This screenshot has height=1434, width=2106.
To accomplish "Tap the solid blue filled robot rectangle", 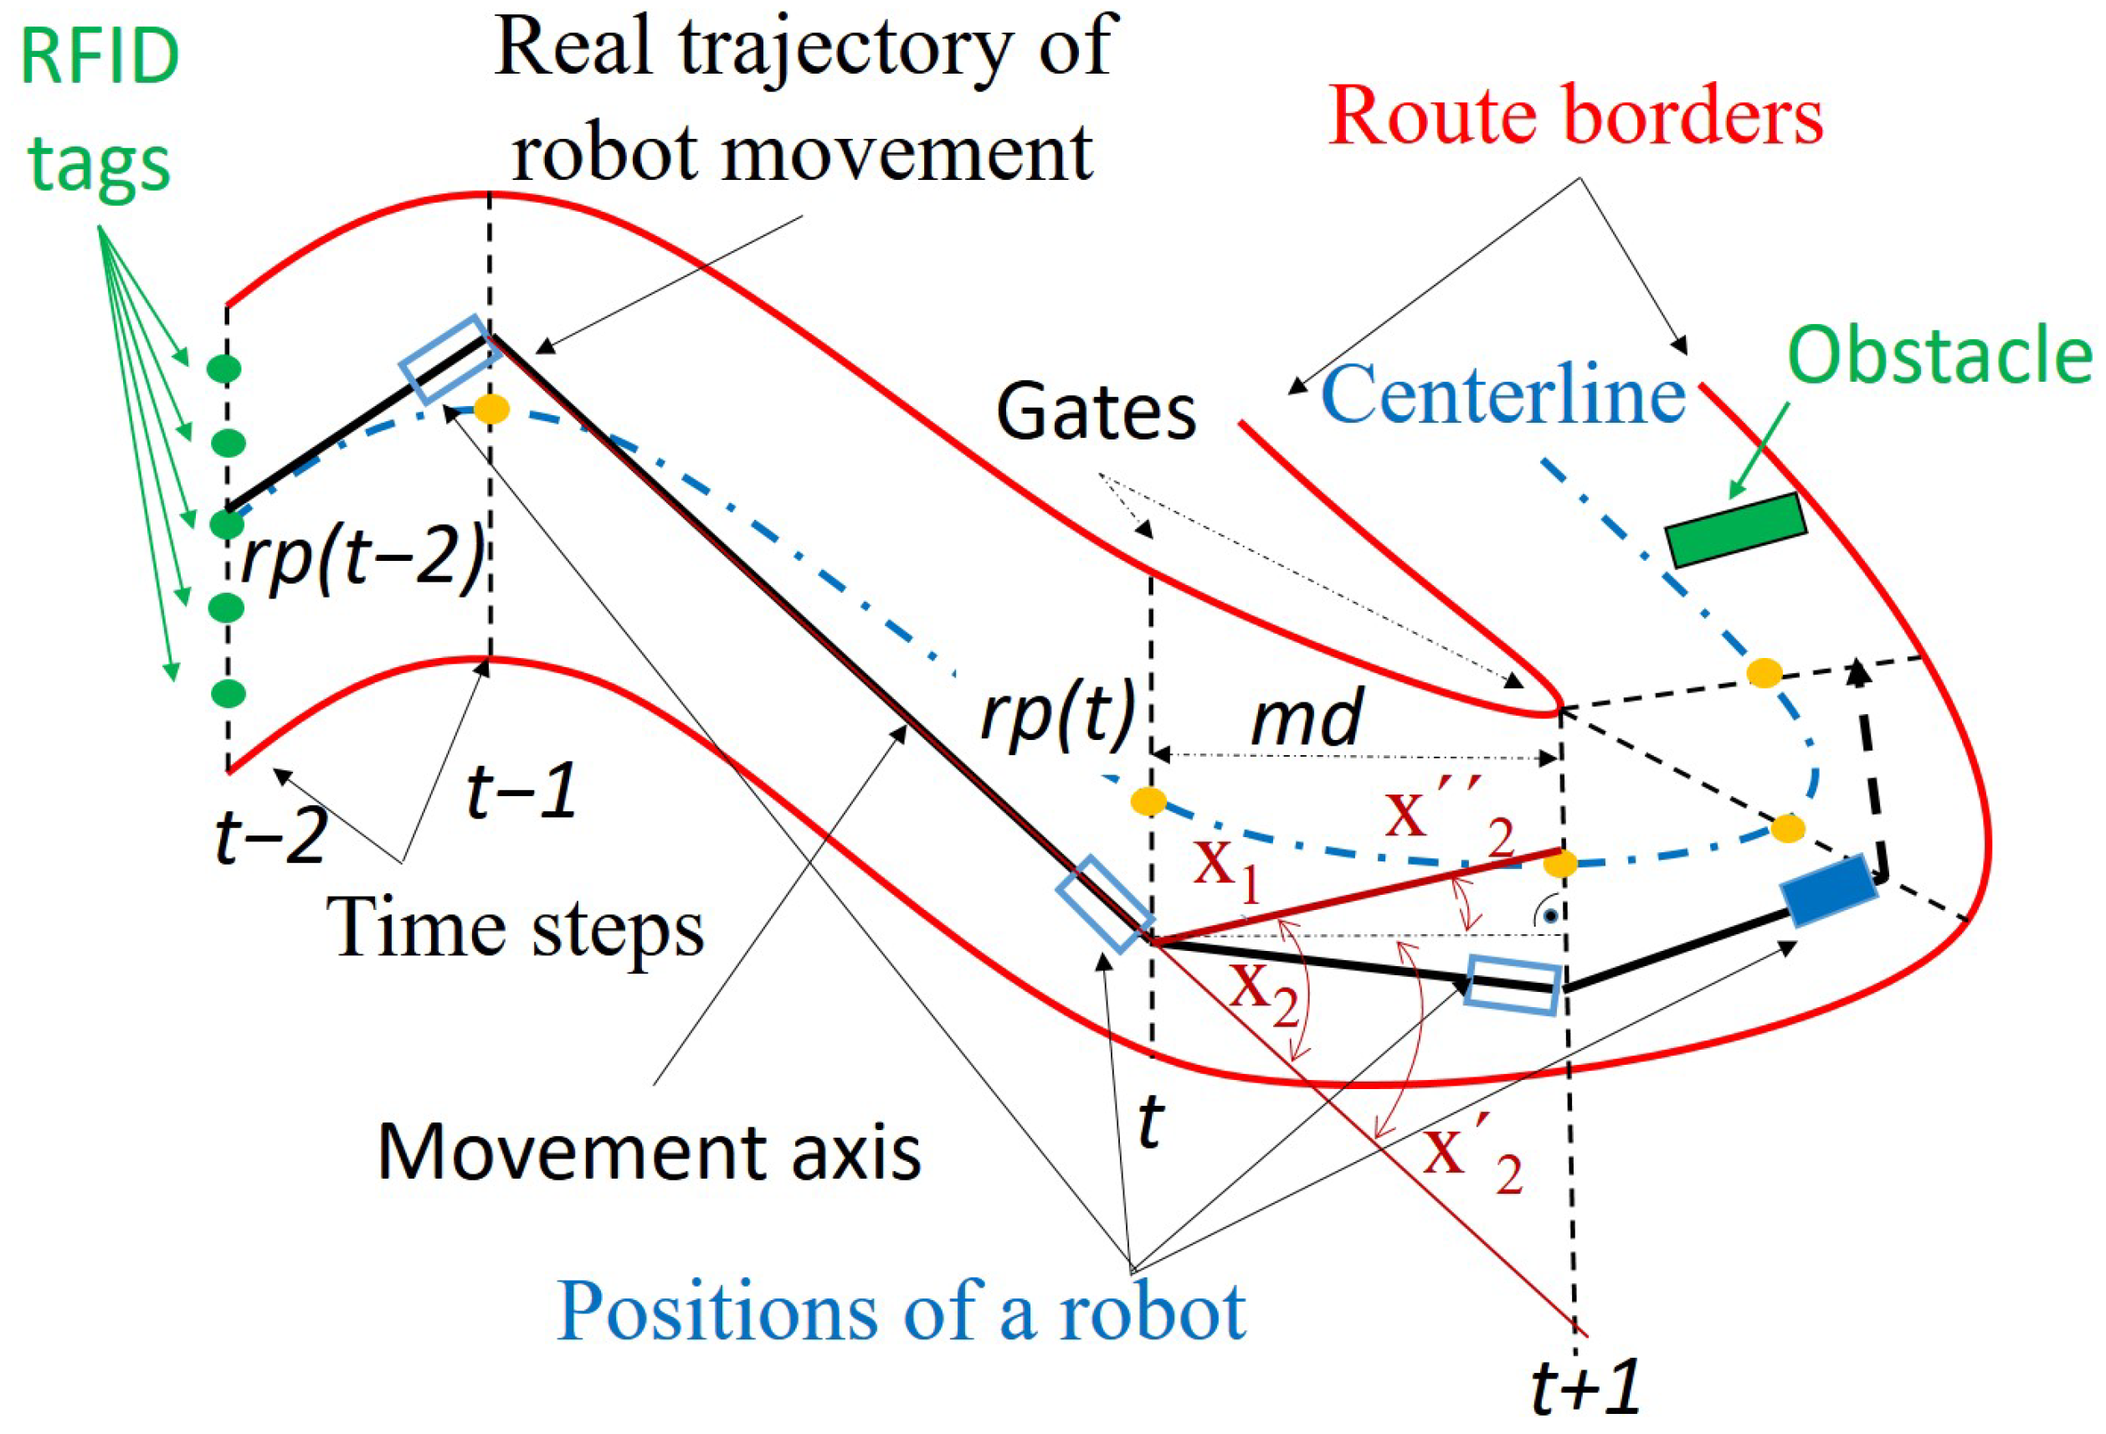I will click(1828, 890).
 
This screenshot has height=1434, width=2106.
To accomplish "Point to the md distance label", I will click(1306, 716).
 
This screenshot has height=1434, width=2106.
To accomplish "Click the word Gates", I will click(1096, 414).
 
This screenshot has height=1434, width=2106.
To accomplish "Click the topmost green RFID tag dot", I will click(224, 369).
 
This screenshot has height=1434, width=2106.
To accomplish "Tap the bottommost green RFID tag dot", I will click(228, 693).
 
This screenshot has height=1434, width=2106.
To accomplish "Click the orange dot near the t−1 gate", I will click(492, 409).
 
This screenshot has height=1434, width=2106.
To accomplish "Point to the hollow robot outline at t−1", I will click(450, 360).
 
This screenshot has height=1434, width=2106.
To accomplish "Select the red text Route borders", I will click(1575, 118).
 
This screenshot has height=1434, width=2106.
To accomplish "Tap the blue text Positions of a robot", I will click(901, 1312).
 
